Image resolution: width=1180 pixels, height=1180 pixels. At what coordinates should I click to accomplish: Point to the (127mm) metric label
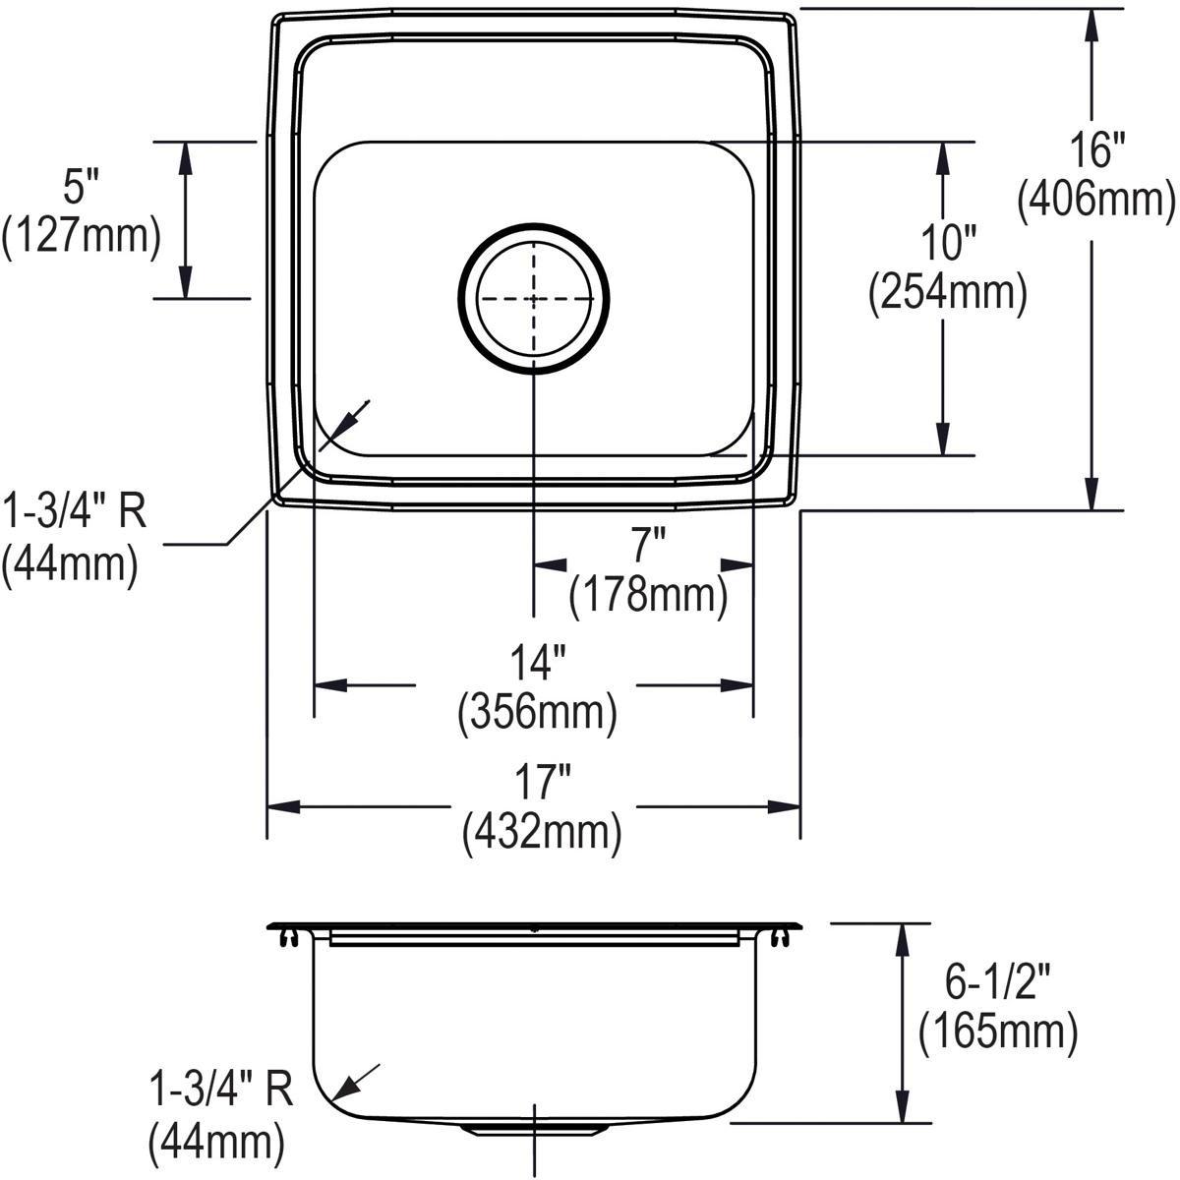[x=80, y=236]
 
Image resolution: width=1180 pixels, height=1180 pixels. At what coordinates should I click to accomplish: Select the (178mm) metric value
[x=648, y=594]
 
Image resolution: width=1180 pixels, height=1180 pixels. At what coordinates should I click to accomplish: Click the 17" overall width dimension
[x=541, y=784]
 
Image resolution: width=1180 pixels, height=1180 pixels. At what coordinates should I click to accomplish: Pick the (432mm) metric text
[x=541, y=833]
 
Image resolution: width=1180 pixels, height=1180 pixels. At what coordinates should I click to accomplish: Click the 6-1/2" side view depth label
[x=996, y=982]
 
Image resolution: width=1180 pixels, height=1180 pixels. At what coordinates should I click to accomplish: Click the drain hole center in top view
[x=534, y=298]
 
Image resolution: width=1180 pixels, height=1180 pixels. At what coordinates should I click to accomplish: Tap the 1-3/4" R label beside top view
[x=75, y=512]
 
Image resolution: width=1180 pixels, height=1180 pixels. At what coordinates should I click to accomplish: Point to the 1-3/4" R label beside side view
[x=220, y=1092]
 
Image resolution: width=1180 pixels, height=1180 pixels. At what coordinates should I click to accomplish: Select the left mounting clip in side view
[x=285, y=937]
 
